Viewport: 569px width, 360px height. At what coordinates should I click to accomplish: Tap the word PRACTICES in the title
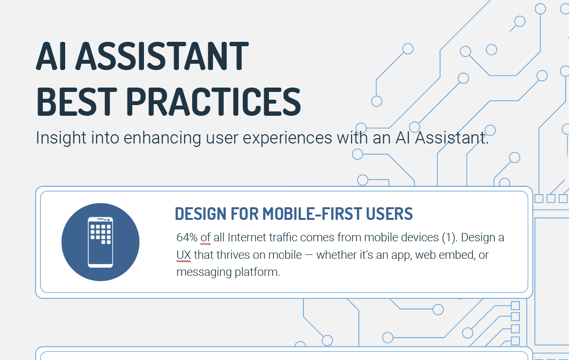[x=213, y=102]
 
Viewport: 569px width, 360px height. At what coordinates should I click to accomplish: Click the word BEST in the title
[x=76, y=102]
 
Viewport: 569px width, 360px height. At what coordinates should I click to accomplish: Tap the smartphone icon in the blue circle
[x=100, y=242]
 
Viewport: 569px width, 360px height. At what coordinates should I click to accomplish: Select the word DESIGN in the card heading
[x=200, y=214]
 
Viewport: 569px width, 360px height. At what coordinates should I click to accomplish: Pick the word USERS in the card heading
[x=389, y=214]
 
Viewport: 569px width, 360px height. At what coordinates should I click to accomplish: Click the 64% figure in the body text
[x=187, y=238]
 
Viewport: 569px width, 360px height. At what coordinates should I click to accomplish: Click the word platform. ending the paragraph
[x=257, y=272]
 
